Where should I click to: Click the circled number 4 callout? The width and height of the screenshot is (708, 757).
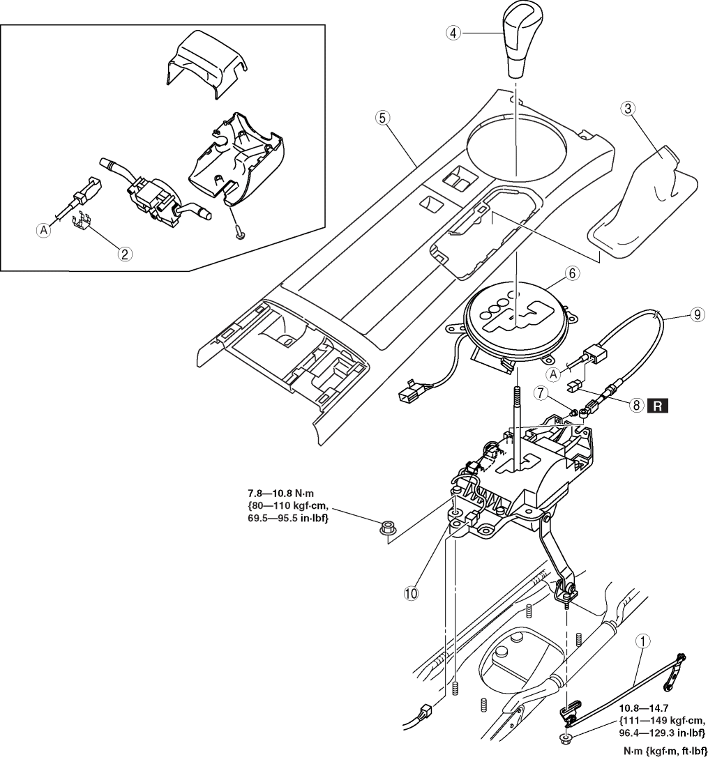coord(453,33)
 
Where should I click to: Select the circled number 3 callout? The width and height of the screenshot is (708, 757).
coord(628,109)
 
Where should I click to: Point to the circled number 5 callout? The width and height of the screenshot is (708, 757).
coord(382,117)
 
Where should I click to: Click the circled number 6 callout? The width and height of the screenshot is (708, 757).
coord(572,273)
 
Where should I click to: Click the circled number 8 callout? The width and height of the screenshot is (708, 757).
coord(637,406)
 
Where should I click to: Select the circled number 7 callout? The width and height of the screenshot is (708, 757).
coord(541,393)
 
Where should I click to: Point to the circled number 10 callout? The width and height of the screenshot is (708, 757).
coord(411,593)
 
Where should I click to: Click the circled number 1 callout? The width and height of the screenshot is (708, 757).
coord(642,641)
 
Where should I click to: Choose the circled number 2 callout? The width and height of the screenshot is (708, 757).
coord(125,253)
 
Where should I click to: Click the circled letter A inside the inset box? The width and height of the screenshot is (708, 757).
coord(44,231)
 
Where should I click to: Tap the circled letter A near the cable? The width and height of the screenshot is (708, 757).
coord(555,374)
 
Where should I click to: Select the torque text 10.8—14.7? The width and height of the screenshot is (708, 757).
coord(644,708)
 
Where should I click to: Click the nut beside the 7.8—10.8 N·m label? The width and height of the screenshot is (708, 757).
coord(386,528)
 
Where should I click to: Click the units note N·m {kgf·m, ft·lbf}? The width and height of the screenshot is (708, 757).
coord(664,751)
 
